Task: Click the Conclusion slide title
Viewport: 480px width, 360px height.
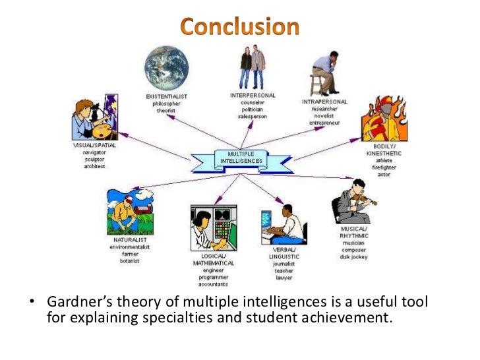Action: click(x=240, y=27)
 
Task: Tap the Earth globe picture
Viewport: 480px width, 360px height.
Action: click(x=167, y=68)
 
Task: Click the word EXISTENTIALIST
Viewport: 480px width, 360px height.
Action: click(x=167, y=97)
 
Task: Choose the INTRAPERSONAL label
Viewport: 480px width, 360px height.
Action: click(x=324, y=102)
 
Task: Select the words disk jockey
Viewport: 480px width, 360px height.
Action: click(x=355, y=256)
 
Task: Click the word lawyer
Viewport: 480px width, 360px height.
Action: click(x=284, y=278)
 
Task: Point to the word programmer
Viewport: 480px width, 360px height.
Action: click(x=213, y=277)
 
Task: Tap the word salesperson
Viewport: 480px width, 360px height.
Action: click(x=253, y=117)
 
